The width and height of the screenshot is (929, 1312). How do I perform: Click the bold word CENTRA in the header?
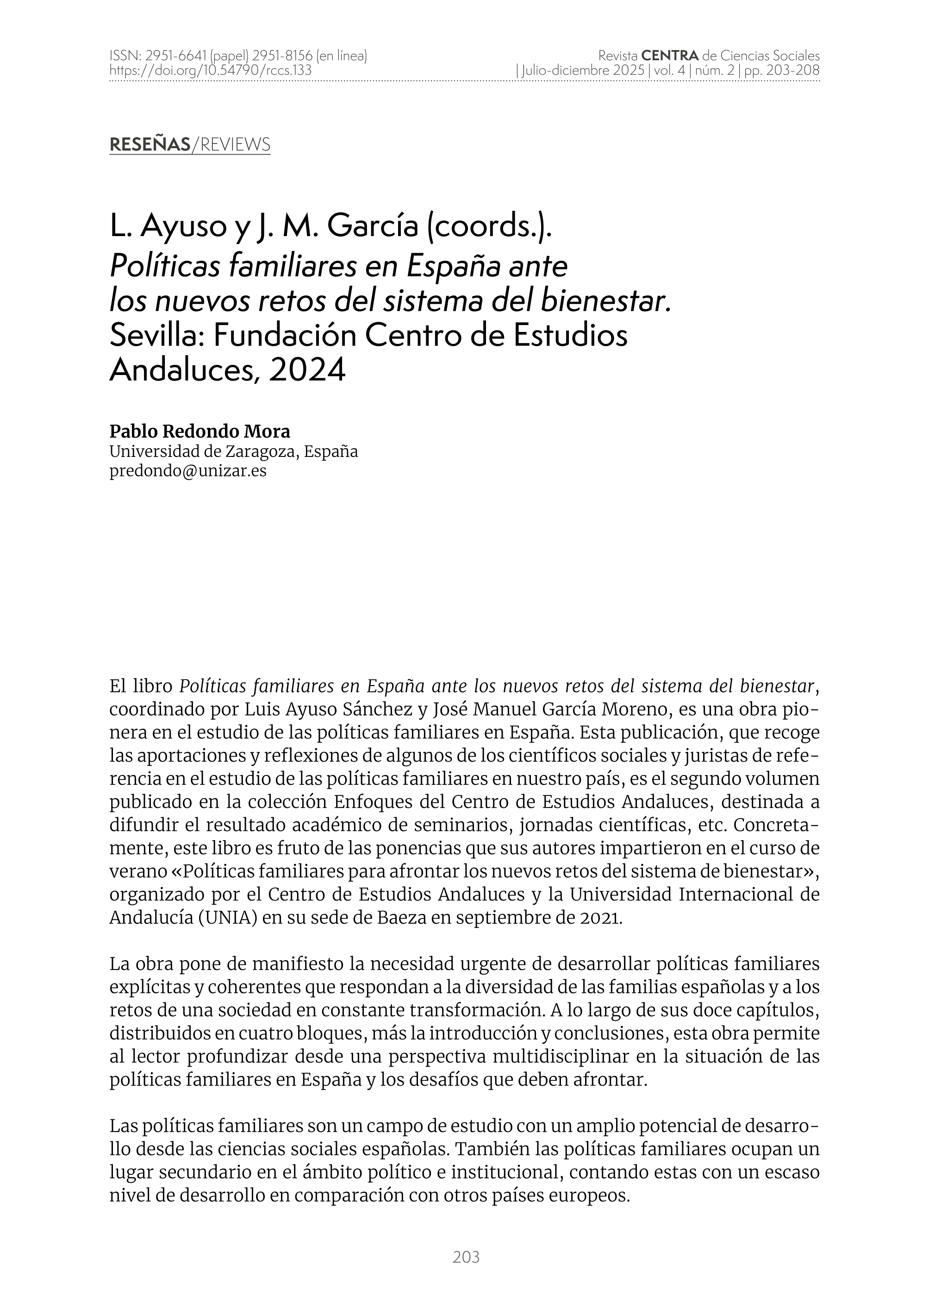pos(670,56)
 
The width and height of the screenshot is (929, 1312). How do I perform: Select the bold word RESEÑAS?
pos(150,145)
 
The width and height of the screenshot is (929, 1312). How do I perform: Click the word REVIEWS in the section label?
pos(233,145)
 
